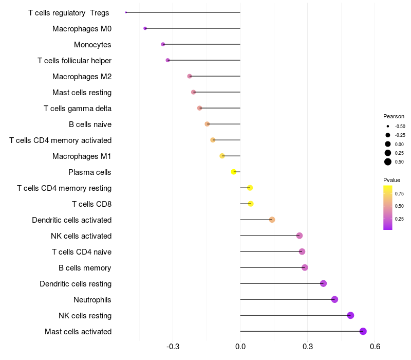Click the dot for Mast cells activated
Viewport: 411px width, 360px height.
coord(363,331)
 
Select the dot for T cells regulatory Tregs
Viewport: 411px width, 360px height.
coord(126,12)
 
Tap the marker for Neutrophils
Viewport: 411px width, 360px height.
coord(334,299)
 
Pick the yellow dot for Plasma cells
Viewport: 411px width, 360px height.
coord(234,172)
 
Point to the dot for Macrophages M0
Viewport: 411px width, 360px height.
coord(145,28)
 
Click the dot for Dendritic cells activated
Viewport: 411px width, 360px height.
coord(272,220)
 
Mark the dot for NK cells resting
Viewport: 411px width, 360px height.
coord(350,315)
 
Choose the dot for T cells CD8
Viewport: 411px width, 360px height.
coord(251,204)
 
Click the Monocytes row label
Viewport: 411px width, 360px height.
coord(92,45)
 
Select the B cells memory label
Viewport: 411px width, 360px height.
coord(85,268)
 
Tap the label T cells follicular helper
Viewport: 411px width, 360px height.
coord(74,61)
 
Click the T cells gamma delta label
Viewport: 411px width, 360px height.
coord(78,109)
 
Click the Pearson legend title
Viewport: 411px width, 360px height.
coord(394,116)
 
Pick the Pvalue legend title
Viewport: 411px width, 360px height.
coord(391,180)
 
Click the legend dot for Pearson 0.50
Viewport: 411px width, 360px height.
coord(388,162)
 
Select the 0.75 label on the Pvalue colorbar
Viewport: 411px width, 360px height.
coord(399,193)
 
